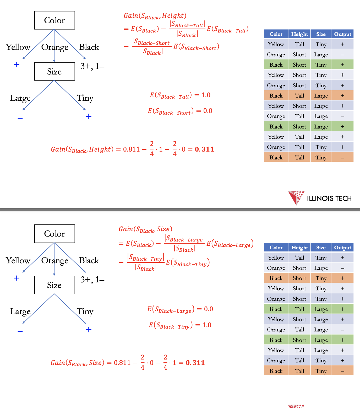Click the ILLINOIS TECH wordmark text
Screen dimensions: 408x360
tap(329, 198)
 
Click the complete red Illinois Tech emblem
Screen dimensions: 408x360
tap(296, 198)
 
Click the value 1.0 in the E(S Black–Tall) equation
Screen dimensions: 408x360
tap(206, 95)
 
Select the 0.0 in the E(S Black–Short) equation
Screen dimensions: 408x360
tap(208, 111)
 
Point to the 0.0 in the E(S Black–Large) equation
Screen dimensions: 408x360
tap(209, 309)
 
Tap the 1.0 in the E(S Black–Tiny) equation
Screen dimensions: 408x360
tap(207, 325)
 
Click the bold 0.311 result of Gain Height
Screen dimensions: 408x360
tap(204, 149)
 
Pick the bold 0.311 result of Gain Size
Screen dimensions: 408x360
tap(195, 363)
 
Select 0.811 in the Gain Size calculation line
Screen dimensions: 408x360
tap(122, 363)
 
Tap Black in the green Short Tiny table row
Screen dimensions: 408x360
tap(276, 65)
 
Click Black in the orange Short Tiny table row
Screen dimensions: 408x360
tap(276, 278)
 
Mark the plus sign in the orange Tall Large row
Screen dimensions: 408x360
tap(342, 96)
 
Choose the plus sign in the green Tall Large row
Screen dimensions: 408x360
tap(342, 309)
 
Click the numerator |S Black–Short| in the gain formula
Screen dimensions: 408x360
tap(152, 42)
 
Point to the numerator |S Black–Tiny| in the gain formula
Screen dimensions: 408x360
tap(146, 257)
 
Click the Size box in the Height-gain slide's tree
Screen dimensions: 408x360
tap(54, 72)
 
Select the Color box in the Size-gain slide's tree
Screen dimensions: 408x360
tap(54, 234)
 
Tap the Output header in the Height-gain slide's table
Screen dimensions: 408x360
tap(342, 34)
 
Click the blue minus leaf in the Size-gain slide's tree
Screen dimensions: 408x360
tap(20, 331)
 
